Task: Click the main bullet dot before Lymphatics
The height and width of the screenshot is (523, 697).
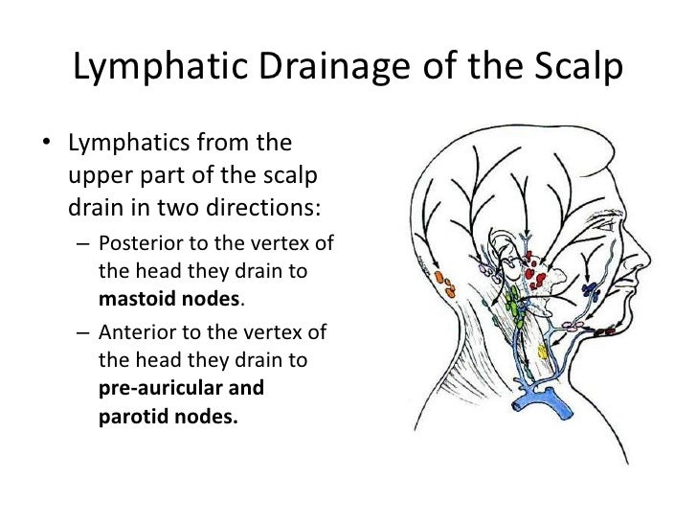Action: tap(46, 148)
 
